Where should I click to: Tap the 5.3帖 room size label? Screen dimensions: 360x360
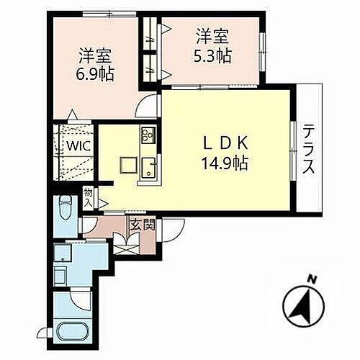(x=214, y=53)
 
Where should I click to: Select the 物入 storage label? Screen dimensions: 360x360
(x=89, y=196)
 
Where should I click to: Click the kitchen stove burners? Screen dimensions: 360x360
(x=149, y=135)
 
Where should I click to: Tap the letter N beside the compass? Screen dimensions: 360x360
(x=312, y=279)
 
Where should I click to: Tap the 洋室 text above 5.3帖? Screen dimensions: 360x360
(x=214, y=34)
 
